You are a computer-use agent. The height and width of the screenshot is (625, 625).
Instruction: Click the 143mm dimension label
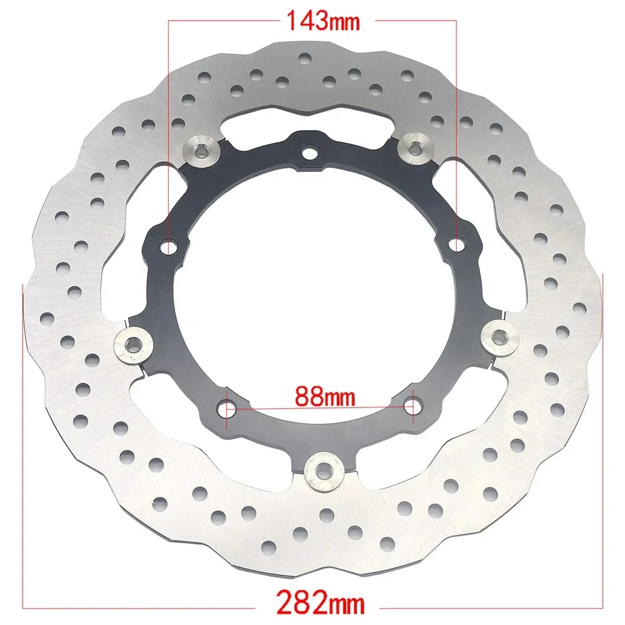(322, 21)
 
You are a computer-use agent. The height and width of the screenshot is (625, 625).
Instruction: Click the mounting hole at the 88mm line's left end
(229, 409)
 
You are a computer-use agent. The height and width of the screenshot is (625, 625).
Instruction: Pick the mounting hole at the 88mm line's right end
(411, 405)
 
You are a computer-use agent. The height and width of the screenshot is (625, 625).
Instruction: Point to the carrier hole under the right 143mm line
(457, 241)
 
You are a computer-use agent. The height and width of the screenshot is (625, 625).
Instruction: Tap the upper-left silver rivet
(203, 150)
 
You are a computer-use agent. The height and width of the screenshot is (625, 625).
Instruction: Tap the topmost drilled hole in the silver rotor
(304, 58)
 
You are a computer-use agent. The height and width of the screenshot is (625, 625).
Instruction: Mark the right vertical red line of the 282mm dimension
(602, 437)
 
